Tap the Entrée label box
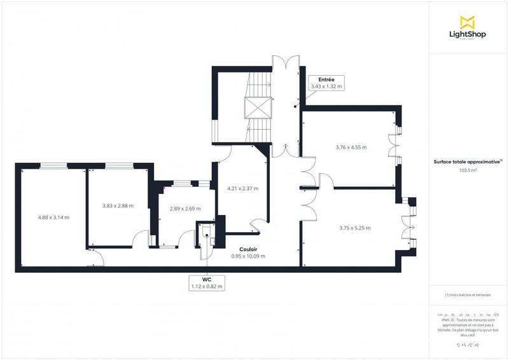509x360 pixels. tap(326, 82)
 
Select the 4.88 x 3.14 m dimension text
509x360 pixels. tap(53, 217)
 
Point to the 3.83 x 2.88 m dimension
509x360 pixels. tap(118, 205)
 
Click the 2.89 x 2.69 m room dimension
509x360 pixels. tap(185, 209)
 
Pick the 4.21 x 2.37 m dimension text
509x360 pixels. tap(242, 188)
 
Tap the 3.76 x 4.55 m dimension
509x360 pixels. tap(351, 147)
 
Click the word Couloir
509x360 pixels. tap(248, 249)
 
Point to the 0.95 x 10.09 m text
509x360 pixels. tap(248, 256)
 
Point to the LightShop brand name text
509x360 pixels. tap(472, 34)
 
